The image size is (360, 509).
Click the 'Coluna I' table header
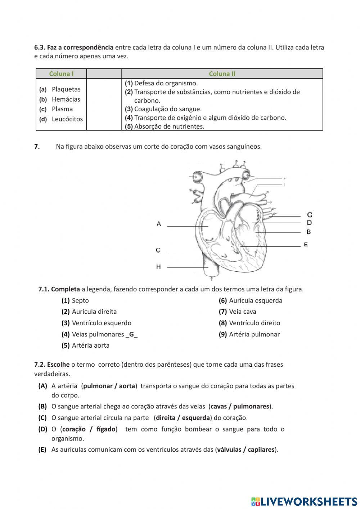[61, 74]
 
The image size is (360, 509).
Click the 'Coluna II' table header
[222, 74]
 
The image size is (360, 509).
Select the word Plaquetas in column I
[66, 89]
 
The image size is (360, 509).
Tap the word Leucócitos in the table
[67, 119]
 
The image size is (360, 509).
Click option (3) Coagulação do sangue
[163, 109]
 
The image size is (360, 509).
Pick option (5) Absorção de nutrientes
[165, 126]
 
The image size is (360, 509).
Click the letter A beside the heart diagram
[159, 224]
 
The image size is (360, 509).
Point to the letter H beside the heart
[158, 267]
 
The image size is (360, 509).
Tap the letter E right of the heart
[306, 245]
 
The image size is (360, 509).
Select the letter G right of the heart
[310, 215]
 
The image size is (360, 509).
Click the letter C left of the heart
[158, 250]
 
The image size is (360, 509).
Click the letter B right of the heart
[309, 232]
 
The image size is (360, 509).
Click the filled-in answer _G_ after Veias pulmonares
[132, 334]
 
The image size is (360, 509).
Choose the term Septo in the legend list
[80, 300]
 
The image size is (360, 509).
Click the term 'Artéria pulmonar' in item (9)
[254, 334]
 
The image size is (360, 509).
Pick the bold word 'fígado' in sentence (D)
[106, 429]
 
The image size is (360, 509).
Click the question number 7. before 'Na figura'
[37, 147]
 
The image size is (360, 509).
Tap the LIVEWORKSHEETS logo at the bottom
[304, 501]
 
